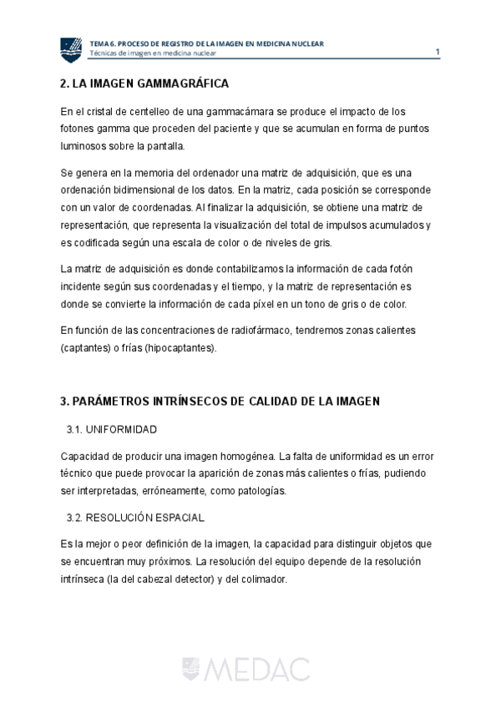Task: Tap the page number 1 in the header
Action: [438, 52]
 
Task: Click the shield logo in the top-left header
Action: [71, 49]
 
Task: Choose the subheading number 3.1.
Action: [76, 429]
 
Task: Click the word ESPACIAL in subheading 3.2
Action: [178, 518]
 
